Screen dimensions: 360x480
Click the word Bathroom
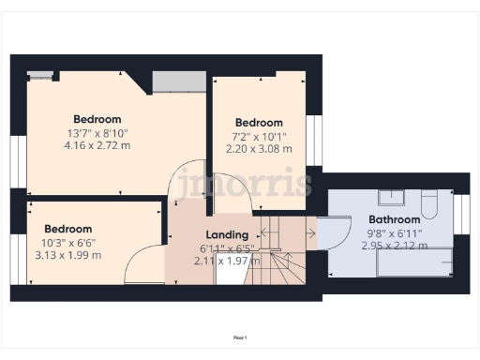click(394, 220)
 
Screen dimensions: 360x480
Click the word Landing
click(227, 235)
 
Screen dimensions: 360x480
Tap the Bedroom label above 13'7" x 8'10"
click(97, 119)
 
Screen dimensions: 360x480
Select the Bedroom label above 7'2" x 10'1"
click(259, 123)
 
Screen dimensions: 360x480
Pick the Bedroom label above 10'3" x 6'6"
click(67, 229)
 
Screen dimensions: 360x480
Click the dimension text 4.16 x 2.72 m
click(97, 145)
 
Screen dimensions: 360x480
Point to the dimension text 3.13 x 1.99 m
click(67, 254)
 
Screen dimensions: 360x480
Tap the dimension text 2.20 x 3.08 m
click(259, 148)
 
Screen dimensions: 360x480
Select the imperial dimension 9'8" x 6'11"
click(394, 233)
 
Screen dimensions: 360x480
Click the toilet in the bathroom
click(429, 202)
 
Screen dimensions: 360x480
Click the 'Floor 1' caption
click(240, 336)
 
